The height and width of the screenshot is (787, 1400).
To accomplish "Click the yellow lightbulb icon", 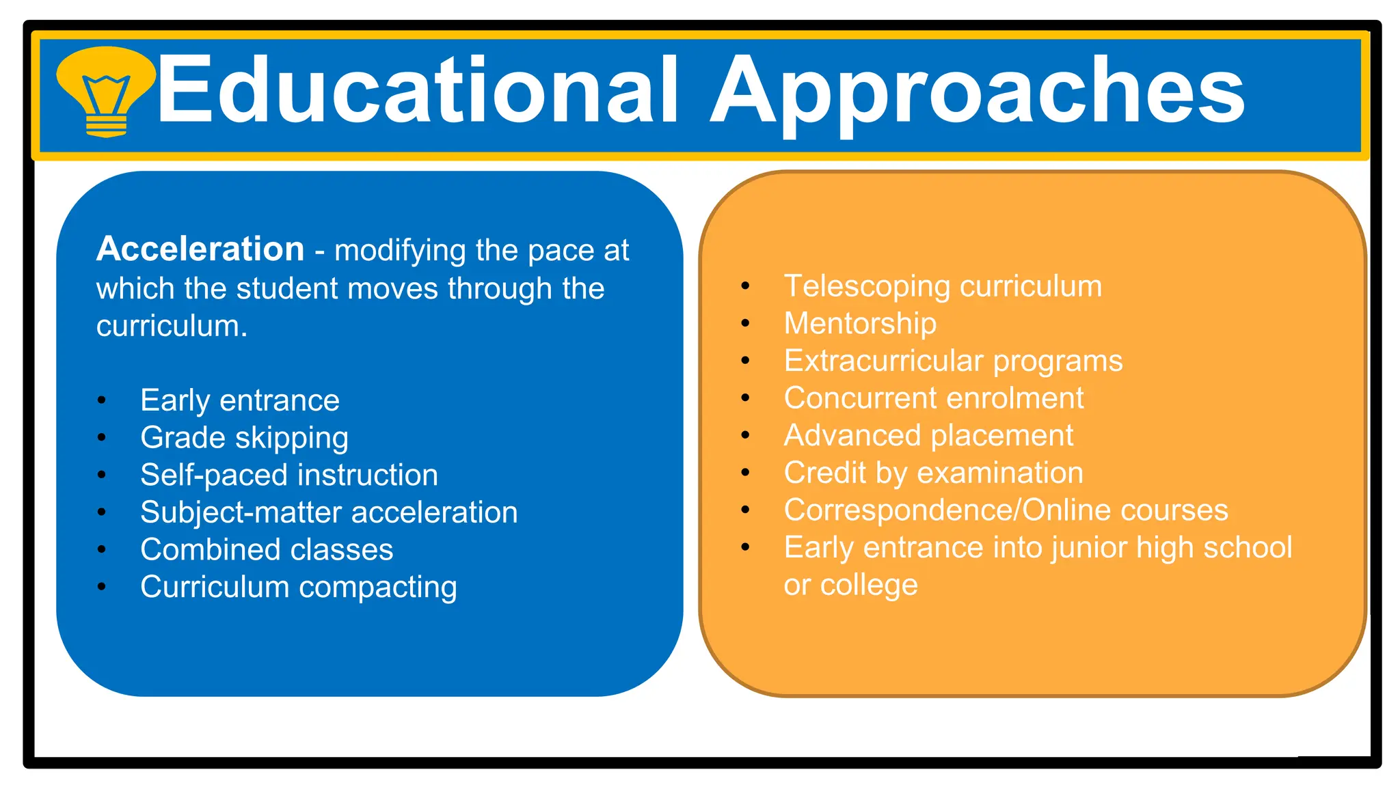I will [105, 91].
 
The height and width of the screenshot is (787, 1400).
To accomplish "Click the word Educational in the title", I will [418, 91].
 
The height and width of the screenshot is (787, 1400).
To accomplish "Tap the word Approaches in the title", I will [978, 91].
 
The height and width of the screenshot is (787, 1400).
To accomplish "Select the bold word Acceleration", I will [200, 249].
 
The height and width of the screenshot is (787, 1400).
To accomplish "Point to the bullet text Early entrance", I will [240, 400].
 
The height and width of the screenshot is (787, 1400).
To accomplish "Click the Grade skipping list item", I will [244, 438].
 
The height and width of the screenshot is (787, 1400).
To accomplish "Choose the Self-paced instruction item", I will [289, 475].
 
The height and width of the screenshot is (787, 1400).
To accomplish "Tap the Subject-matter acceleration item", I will [329, 512].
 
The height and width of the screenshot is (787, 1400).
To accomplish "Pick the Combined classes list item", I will [267, 550].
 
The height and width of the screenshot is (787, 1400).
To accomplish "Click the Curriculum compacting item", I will [299, 588].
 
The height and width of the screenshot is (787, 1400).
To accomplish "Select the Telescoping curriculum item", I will [943, 286].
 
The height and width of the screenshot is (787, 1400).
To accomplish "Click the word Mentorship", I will [860, 323].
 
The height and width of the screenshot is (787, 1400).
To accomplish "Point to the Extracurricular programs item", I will [953, 361].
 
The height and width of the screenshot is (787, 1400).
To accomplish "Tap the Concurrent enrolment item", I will [934, 398].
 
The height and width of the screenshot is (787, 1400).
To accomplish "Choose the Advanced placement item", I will [928, 436].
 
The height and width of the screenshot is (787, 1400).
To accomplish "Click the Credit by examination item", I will [933, 473].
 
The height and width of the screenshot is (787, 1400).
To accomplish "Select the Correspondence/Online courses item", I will [1006, 510].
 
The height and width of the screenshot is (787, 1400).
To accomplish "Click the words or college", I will [850, 585].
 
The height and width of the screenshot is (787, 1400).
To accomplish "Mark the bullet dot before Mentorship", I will [745, 323].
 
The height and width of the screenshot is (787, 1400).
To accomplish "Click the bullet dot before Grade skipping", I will [102, 438].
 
